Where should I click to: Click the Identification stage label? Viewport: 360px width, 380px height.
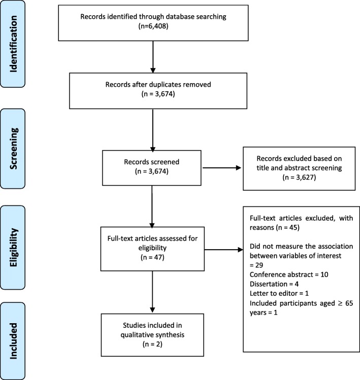pyautogui.click(x=13, y=44)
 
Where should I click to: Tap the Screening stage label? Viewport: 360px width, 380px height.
pyautogui.click(x=13, y=148)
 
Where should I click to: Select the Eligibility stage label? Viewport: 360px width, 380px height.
pyautogui.click(x=13, y=248)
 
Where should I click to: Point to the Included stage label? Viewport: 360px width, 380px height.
pyautogui.click(x=13, y=341)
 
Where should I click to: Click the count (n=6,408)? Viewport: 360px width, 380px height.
pyautogui.click(x=153, y=26)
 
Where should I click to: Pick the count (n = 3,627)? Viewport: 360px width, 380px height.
pyautogui.click(x=299, y=178)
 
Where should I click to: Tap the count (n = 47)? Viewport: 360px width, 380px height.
pyautogui.click(x=152, y=257)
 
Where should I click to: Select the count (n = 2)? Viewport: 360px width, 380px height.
pyautogui.click(x=152, y=344)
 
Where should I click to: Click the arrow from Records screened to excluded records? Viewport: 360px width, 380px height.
pyautogui.click(x=222, y=168)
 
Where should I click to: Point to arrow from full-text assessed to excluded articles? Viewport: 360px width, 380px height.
pyautogui.click(x=223, y=250)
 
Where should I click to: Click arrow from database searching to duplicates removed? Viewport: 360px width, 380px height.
pyautogui.click(x=153, y=57)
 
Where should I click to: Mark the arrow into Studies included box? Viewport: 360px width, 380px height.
pyautogui.click(x=152, y=292)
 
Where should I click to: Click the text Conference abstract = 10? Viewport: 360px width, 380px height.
pyautogui.click(x=289, y=274)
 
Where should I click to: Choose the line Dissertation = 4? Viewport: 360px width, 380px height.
pyautogui.click(x=274, y=284)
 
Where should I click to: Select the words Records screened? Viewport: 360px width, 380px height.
pyautogui.click(x=152, y=162)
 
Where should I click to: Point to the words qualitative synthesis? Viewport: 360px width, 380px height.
pyautogui.click(x=152, y=335)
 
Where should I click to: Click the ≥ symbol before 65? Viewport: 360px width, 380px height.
pyautogui.click(x=340, y=303)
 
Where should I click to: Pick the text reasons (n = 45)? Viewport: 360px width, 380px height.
pyautogui.click(x=275, y=228)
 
